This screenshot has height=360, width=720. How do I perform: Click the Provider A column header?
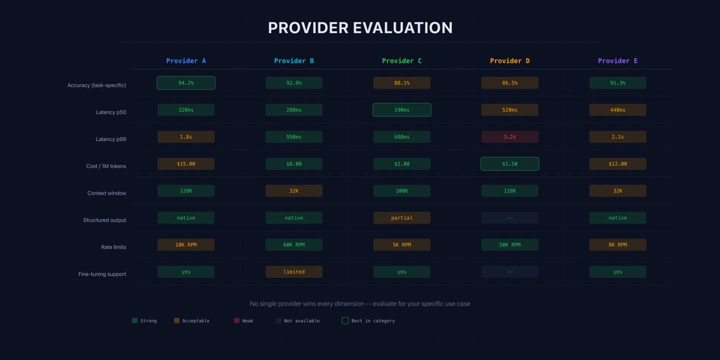(x=186, y=61)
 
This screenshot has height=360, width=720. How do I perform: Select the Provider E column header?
(x=618, y=61)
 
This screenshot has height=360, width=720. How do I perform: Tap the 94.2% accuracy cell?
(x=186, y=83)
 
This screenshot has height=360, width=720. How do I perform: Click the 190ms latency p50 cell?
(x=402, y=110)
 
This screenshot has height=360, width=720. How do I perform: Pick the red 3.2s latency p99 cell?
(x=510, y=137)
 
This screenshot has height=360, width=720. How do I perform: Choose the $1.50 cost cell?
(x=510, y=164)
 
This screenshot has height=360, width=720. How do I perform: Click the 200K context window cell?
(x=402, y=191)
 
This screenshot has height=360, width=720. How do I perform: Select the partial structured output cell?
(x=402, y=218)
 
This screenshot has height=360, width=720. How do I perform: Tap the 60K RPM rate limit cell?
(x=294, y=245)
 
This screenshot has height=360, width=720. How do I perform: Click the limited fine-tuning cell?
(x=294, y=272)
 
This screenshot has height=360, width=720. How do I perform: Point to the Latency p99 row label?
(x=111, y=139)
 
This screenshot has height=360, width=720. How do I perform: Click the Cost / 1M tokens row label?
(x=106, y=166)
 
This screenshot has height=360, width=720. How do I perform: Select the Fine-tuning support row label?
(x=102, y=274)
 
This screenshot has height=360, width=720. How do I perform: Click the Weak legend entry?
(x=244, y=321)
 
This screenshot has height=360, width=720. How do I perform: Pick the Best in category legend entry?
(x=368, y=321)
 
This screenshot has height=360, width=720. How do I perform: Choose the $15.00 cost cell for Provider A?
(x=186, y=164)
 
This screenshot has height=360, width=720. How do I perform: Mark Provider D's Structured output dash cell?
(x=510, y=218)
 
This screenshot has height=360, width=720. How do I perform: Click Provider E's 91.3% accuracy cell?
(x=618, y=83)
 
